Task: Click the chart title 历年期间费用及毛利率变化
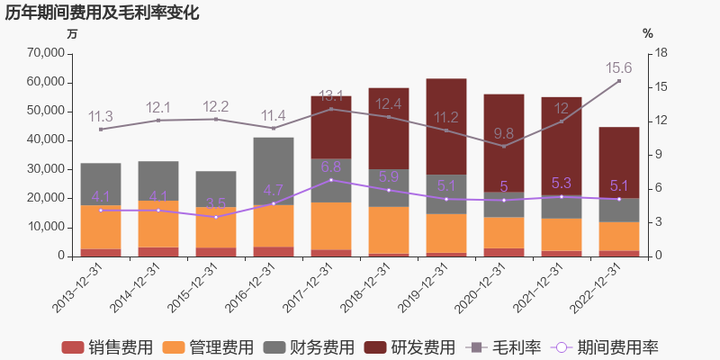pyautogui.click(x=102, y=13)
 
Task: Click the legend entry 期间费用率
pyautogui.click(x=607, y=347)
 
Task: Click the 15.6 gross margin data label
pyautogui.click(x=618, y=67)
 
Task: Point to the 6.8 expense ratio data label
pyautogui.click(x=330, y=166)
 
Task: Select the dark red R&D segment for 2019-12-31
pyautogui.click(x=445, y=126)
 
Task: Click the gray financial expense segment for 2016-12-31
pyautogui.click(x=273, y=171)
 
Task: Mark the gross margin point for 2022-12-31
pyautogui.click(x=618, y=81)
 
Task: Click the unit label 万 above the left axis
pyautogui.click(x=72, y=33)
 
